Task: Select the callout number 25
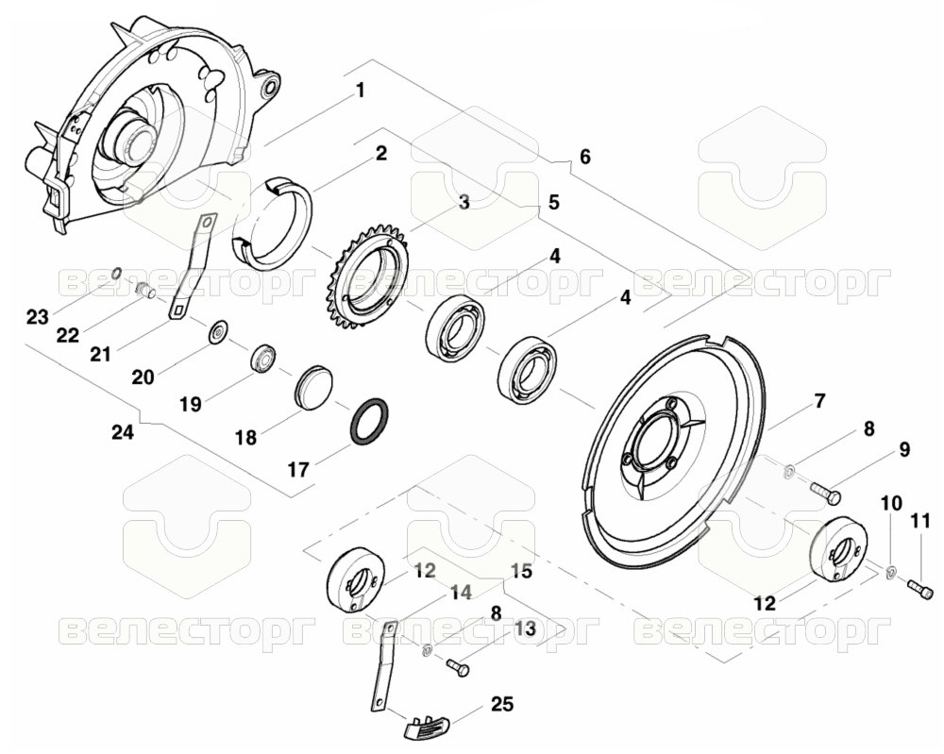[502, 703]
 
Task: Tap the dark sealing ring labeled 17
[369, 422]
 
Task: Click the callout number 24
[123, 431]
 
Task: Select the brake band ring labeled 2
[272, 223]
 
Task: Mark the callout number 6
[584, 157]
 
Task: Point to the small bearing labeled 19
[263, 359]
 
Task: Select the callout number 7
[820, 400]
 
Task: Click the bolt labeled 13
[458, 666]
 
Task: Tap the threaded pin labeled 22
[144, 290]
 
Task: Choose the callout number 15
[522, 571]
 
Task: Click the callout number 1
[361, 92]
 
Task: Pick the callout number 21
[100, 355]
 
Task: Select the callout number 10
[892, 502]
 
